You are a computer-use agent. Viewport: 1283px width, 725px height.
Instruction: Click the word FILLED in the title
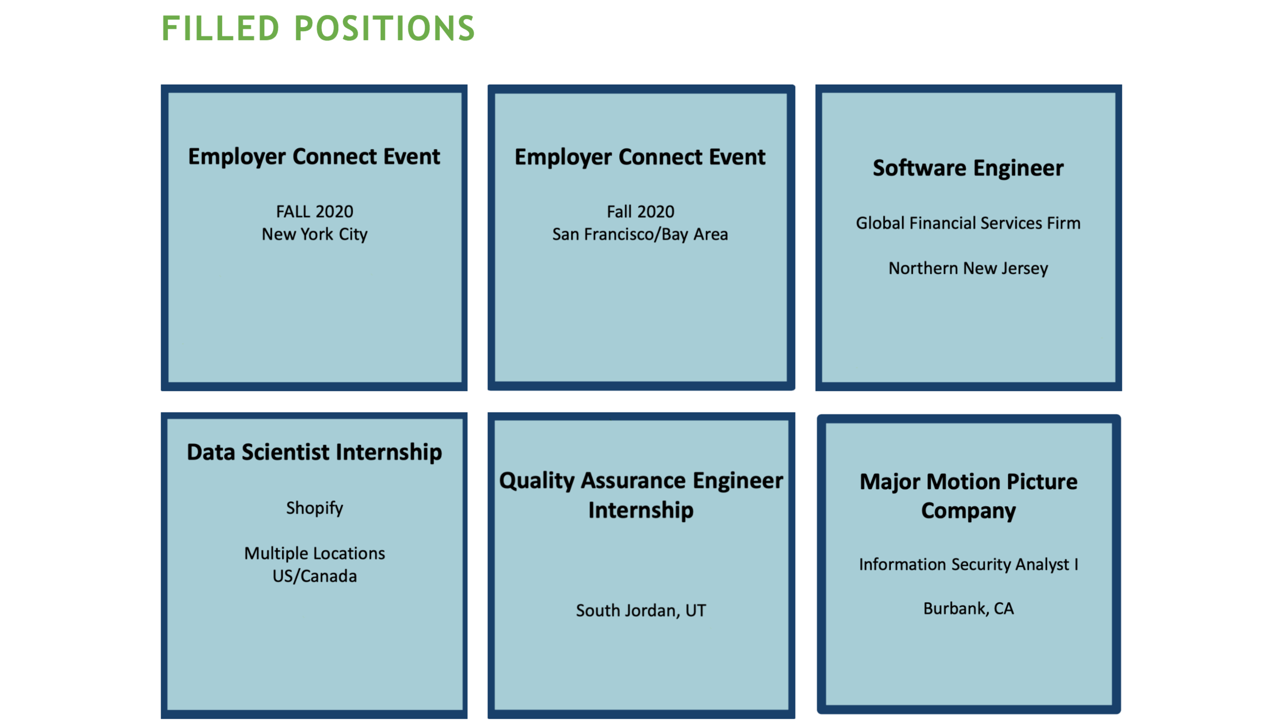(221, 28)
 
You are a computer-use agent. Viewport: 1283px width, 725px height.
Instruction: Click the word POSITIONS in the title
(385, 28)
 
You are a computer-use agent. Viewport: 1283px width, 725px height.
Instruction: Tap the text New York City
(315, 234)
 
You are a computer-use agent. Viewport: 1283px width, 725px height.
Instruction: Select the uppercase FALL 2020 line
(315, 211)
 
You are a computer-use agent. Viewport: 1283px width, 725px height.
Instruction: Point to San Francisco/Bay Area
(640, 234)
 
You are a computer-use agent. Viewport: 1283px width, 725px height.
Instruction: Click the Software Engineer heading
(968, 168)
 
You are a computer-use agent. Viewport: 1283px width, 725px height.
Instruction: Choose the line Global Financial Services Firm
(968, 223)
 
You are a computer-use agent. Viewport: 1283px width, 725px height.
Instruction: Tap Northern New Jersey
(968, 268)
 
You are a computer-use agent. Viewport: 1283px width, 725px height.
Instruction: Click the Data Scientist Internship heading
(315, 453)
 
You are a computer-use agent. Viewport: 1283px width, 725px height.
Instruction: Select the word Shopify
(315, 508)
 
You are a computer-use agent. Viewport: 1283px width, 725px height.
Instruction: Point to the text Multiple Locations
(315, 554)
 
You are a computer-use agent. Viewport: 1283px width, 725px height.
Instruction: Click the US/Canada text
(315, 576)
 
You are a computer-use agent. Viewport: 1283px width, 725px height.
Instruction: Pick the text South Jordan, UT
(641, 611)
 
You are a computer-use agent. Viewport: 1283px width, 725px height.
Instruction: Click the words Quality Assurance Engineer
(641, 481)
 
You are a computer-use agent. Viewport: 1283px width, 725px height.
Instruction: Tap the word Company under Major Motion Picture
(968, 512)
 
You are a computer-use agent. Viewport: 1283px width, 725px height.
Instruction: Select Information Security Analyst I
(968, 565)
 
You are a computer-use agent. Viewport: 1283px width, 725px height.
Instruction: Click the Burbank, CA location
(968, 609)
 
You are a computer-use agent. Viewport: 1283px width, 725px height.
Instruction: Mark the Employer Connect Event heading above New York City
(314, 157)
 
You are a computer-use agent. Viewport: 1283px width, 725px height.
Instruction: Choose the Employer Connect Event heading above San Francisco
(640, 158)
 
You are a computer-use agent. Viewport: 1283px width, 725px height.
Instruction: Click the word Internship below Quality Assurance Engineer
(641, 511)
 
